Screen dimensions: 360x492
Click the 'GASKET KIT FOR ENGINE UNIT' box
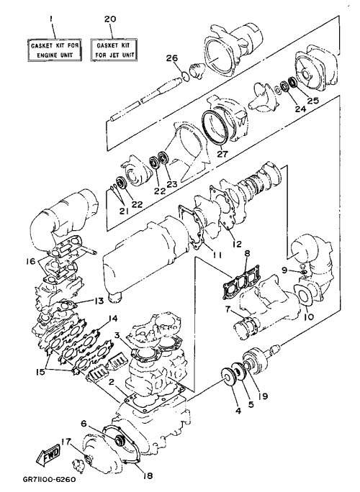[x=54, y=50]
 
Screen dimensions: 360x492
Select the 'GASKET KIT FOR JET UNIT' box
[x=113, y=50]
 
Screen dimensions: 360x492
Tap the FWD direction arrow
[x=48, y=454]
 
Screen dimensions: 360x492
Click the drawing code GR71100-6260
[x=49, y=480]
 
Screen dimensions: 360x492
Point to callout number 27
[x=224, y=154]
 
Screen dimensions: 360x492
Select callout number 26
[x=172, y=58]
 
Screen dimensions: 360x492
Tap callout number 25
[x=312, y=101]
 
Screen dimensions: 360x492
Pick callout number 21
[x=123, y=211]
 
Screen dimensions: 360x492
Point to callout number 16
[x=31, y=260]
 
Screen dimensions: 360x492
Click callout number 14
[x=113, y=319]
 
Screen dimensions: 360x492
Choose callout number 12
[x=237, y=243]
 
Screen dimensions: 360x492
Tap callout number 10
[x=308, y=316]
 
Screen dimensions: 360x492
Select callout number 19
[x=263, y=396]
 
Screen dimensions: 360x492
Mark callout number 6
[x=84, y=424]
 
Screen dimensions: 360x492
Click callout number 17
[x=66, y=442]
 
